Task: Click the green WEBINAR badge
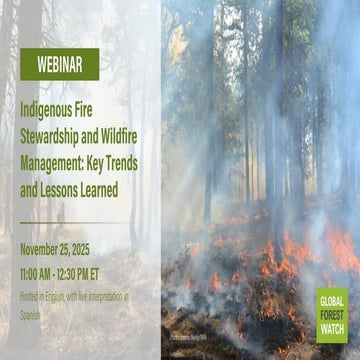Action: (59, 64)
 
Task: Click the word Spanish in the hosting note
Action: (35, 309)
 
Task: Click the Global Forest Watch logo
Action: (331, 316)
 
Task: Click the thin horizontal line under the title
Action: (60, 222)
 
